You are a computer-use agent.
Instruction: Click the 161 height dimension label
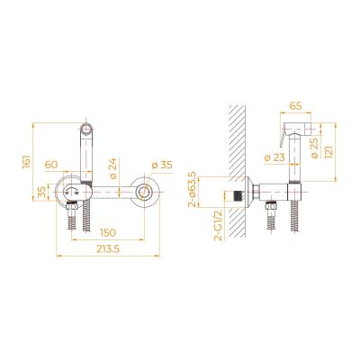pyautogui.click(x=26, y=162)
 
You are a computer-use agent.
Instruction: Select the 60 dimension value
pyautogui.click(x=51, y=165)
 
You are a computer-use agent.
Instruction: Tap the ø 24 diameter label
pyautogui.click(x=112, y=168)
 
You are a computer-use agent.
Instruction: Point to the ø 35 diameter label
pyautogui.click(x=162, y=165)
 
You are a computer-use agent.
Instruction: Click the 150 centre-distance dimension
pyautogui.click(x=108, y=232)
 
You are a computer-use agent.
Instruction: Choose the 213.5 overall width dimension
pyautogui.click(x=108, y=249)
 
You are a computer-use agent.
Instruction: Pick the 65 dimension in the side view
pyautogui.click(x=295, y=105)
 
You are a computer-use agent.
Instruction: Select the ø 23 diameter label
pyautogui.click(x=275, y=157)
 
